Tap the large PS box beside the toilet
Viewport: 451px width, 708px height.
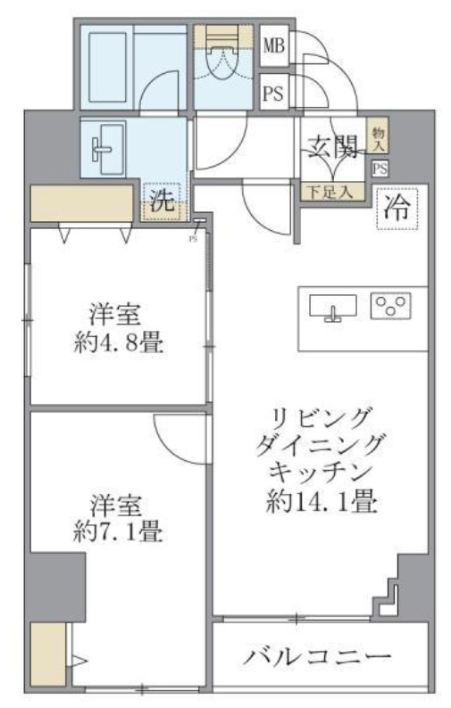[x=273, y=94]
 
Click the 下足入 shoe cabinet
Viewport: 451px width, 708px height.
[x=332, y=191]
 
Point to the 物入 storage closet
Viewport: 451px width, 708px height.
[x=379, y=136]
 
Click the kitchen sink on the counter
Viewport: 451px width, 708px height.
[x=332, y=307]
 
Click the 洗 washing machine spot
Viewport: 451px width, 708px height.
[x=162, y=201]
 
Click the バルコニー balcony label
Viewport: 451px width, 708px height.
[x=318, y=658]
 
